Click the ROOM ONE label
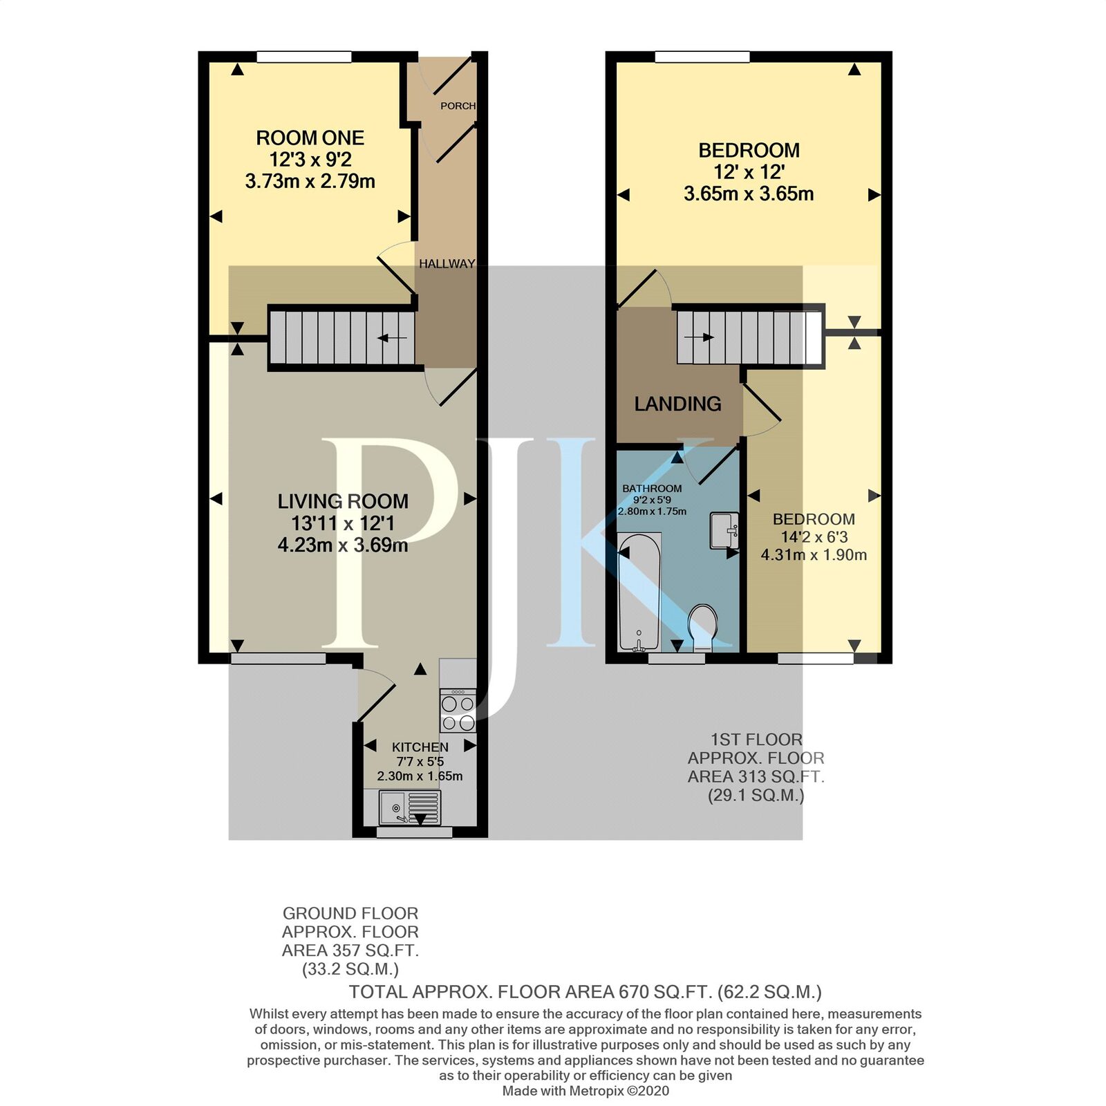[310, 138]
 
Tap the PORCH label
[458, 106]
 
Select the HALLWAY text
[447, 264]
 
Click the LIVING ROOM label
[343, 501]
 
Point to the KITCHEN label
[420, 747]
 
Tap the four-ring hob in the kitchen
[458, 712]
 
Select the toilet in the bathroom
[703, 626]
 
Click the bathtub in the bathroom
[639, 592]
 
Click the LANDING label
[677, 404]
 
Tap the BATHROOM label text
[652, 489]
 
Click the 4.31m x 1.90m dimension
[814, 554]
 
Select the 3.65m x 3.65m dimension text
[749, 194]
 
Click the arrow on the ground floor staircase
[393, 338]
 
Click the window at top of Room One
[303, 57]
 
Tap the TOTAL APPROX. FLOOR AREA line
[585, 992]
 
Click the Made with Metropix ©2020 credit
[585, 1091]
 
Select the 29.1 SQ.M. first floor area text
[756, 795]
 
